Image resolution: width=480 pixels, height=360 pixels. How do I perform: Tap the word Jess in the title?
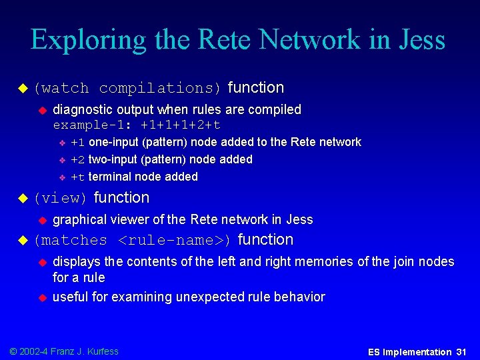[418, 40]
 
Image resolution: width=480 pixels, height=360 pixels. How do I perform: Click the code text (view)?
[61, 198]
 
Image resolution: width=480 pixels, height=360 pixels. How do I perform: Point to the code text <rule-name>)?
[175, 241]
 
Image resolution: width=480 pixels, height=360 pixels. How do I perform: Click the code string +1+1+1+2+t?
[179, 125]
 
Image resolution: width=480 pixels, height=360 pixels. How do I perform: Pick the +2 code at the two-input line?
[77, 159]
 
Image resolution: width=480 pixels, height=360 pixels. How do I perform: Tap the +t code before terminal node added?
[77, 177]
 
